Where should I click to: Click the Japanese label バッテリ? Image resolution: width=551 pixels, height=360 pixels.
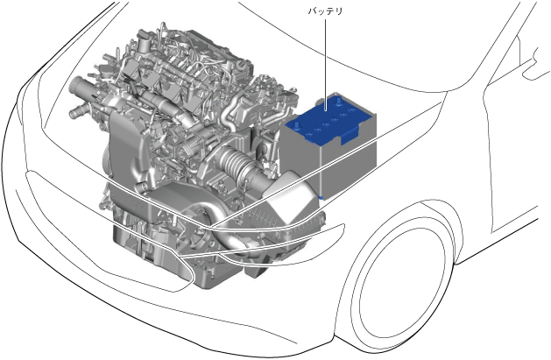coord(325,11)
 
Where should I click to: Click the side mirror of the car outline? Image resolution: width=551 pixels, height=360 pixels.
coord(537,63)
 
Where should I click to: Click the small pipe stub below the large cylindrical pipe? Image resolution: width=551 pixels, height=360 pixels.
coord(76,113)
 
